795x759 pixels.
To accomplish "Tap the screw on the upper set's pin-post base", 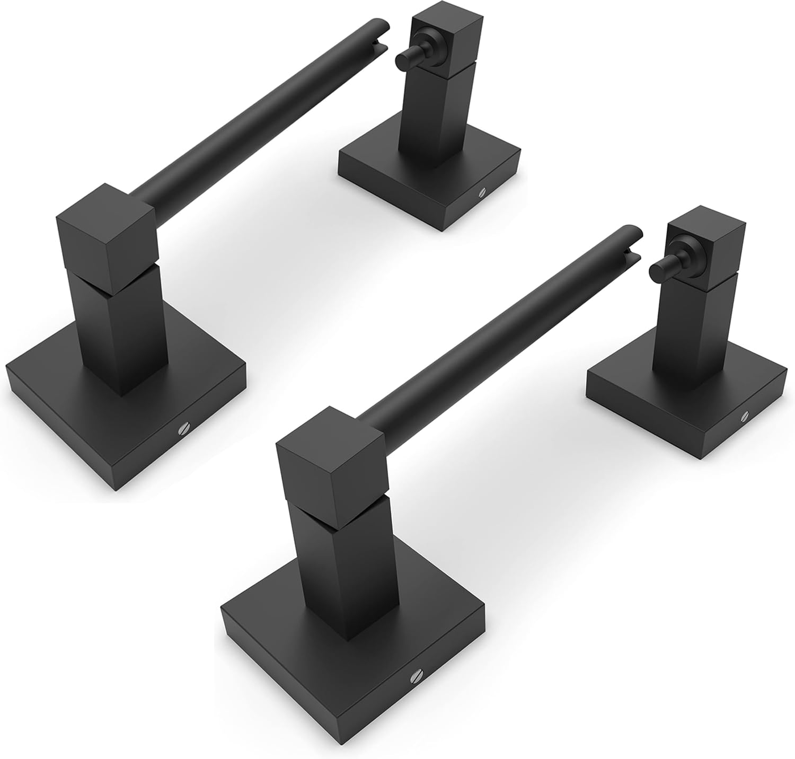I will [482, 193].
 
